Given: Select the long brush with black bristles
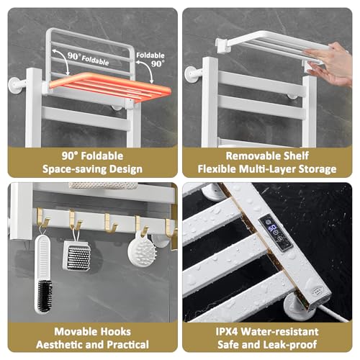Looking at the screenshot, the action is [x=43, y=274].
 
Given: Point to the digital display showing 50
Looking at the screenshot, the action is [x=272, y=228].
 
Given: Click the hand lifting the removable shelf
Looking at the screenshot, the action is [x=329, y=63].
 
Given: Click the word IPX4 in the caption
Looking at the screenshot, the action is [x=227, y=332].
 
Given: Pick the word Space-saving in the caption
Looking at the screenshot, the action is [x=74, y=169].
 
